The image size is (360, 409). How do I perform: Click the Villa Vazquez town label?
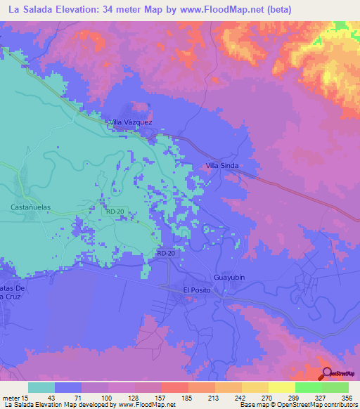point(130,122)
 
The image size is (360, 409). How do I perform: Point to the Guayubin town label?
point(229,278)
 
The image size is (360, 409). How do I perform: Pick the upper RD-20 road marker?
point(115,211)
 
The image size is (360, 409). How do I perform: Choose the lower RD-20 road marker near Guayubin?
point(166,253)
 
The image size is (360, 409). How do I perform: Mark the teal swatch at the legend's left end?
point(41,387)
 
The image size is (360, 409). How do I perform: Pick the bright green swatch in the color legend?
point(308,387)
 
